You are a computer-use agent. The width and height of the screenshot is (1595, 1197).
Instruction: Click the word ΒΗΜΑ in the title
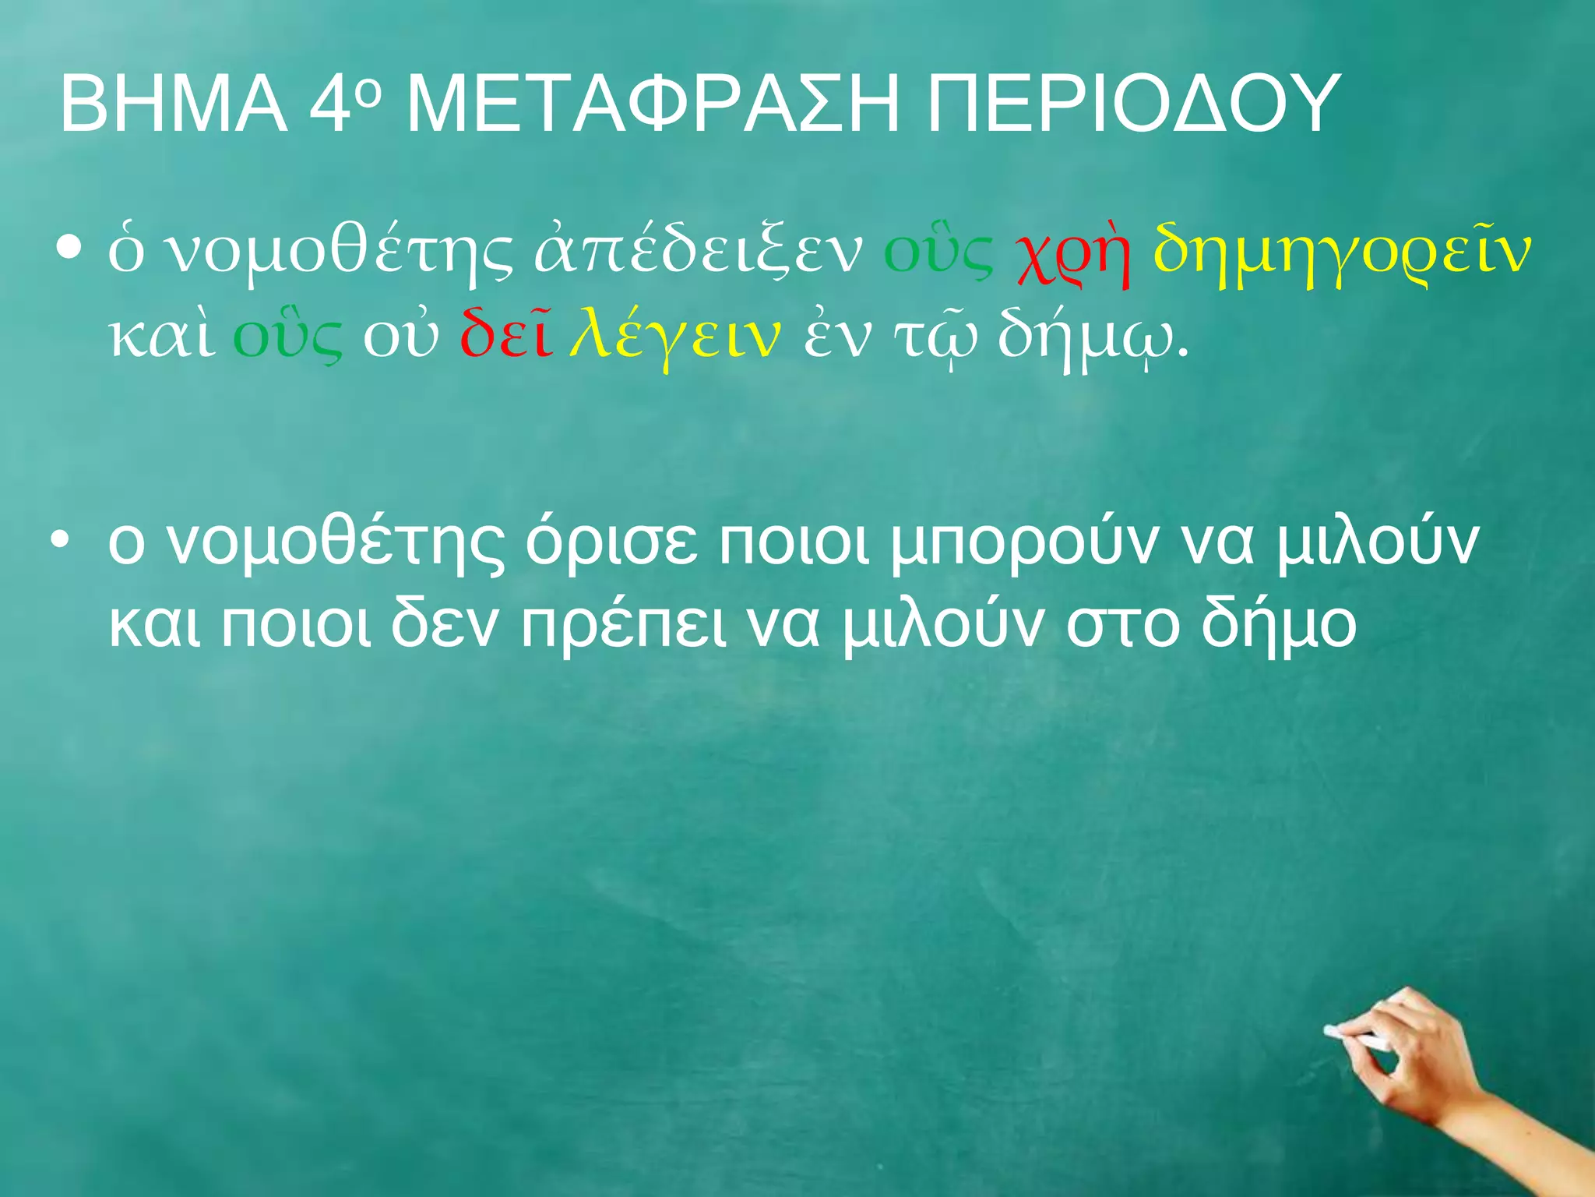pos(173,104)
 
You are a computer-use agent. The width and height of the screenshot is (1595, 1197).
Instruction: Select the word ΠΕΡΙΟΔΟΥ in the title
pos(1133,104)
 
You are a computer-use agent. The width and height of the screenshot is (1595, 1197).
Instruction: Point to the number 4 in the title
pos(328,104)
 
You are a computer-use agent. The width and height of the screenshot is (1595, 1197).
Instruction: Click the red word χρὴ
pos(1072,251)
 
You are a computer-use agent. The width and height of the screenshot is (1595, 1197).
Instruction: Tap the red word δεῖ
pos(506,335)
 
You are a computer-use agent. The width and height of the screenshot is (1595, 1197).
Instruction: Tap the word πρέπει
pos(623,627)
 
